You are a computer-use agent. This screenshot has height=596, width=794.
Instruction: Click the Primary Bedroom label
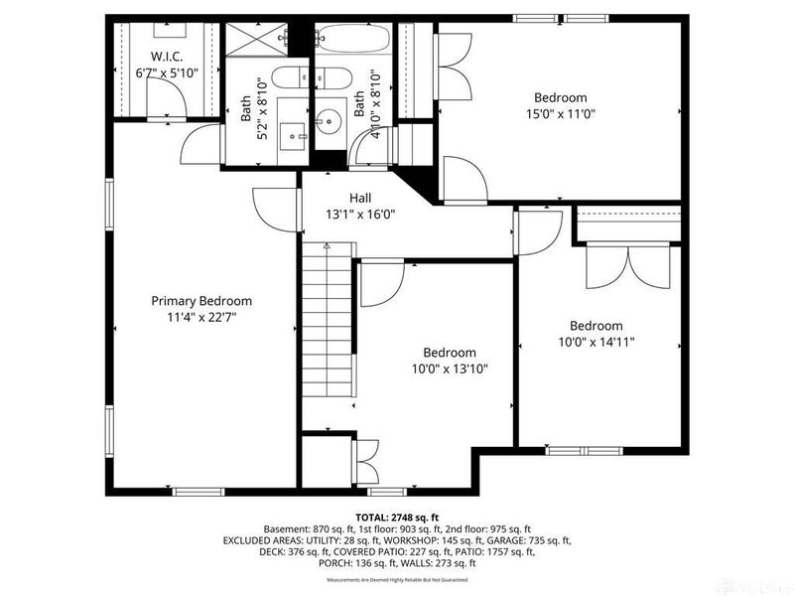[x=200, y=301]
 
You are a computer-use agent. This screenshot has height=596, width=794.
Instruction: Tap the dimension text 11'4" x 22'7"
[x=200, y=317]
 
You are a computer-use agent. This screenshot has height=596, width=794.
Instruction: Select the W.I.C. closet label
[x=166, y=56]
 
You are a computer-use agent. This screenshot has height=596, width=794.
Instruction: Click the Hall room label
[x=360, y=198]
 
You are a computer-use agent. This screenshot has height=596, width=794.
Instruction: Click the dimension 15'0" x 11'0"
[x=561, y=114]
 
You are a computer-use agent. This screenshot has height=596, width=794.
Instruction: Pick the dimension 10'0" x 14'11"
[x=595, y=342]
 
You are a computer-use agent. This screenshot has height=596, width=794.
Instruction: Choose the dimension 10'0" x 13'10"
[x=450, y=369]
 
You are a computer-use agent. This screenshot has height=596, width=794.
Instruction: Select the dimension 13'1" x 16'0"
[x=360, y=214]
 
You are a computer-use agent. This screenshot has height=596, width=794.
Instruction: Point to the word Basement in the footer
[x=286, y=529]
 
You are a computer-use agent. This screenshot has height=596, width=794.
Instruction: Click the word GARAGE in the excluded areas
[x=516, y=540]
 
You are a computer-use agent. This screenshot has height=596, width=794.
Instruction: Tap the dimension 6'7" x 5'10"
[x=166, y=72]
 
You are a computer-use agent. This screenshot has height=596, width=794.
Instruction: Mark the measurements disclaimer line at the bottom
[x=397, y=579]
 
